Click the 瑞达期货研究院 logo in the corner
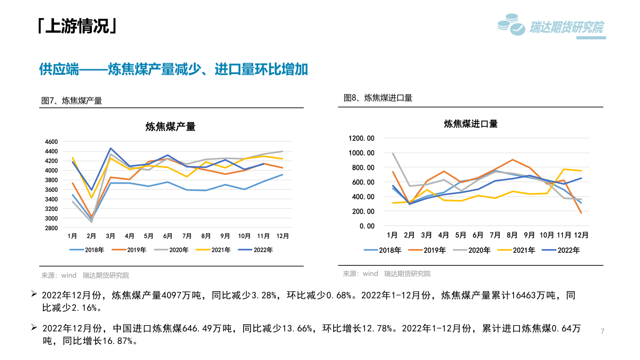pos(551,27)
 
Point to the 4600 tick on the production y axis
pos(51,142)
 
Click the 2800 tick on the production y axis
pos(51,228)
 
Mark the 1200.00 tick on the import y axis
pos(362,138)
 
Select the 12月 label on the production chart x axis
pos(282,236)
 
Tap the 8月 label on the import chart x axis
pos(512,235)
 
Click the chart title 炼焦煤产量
pos(170,126)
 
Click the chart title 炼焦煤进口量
pos(471,124)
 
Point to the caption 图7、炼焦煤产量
pos(72,101)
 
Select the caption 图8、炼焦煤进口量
pos(378,98)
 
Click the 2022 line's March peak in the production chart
pos(111,148)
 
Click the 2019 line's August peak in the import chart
pos(512,160)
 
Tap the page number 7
pos(603,331)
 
